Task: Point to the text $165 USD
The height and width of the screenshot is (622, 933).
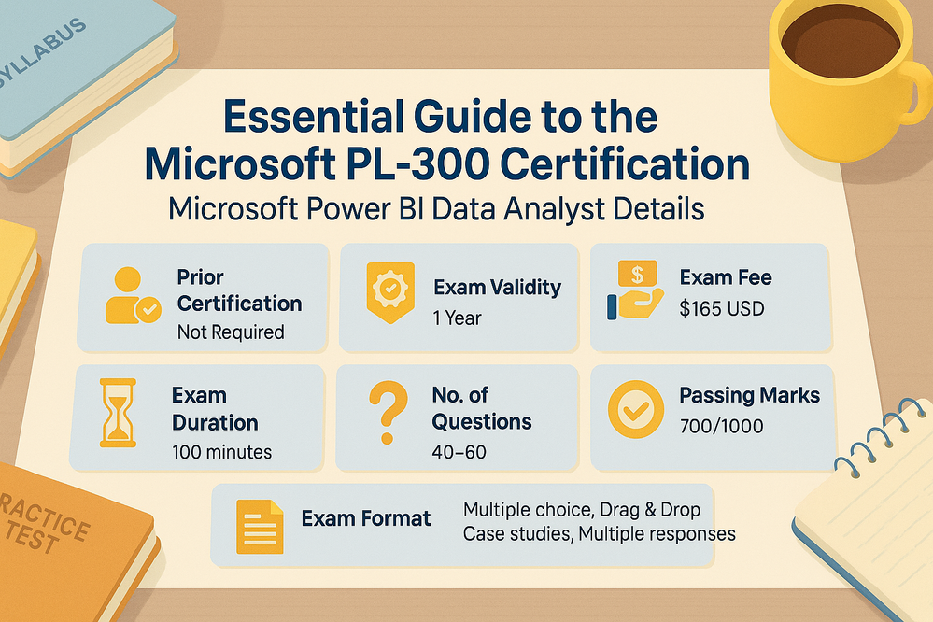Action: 722,307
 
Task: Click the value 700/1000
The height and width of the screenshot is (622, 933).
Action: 721,427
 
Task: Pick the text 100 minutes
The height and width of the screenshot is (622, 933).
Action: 222,452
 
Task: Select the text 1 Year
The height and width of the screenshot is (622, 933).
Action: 456,318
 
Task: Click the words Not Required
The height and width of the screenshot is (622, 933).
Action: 231,332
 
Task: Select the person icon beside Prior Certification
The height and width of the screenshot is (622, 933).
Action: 131,297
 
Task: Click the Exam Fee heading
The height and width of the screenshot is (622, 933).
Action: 726,277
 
